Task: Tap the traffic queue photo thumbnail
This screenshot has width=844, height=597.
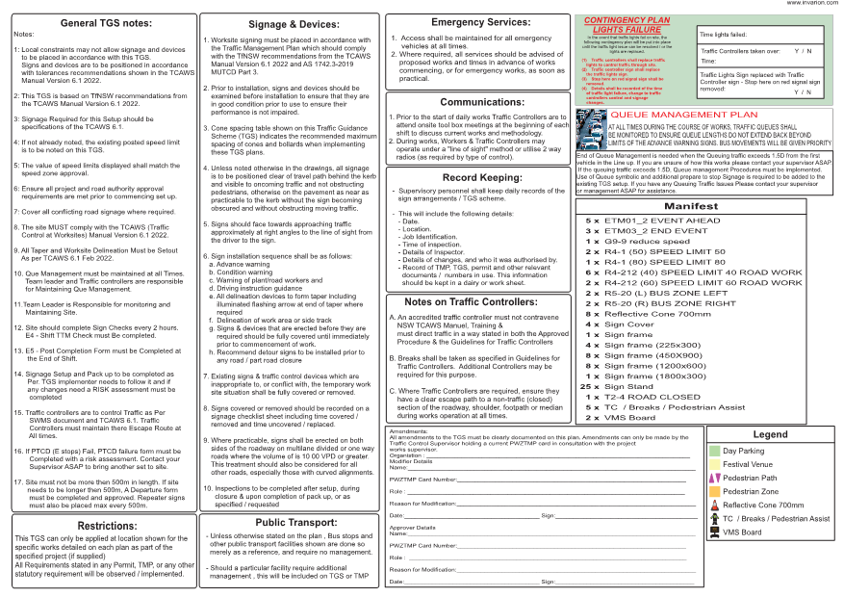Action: [589, 125]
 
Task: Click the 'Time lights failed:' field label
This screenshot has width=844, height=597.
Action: [723, 34]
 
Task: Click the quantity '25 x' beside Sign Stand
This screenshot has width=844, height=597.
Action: [590, 386]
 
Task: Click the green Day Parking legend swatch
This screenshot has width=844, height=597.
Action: [714, 451]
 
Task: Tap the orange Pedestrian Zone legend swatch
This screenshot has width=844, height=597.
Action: [714, 491]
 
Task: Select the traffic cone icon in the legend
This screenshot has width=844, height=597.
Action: [714, 505]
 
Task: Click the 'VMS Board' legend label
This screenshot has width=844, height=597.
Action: [743, 532]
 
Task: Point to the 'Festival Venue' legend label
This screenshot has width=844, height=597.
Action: [748, 464]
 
